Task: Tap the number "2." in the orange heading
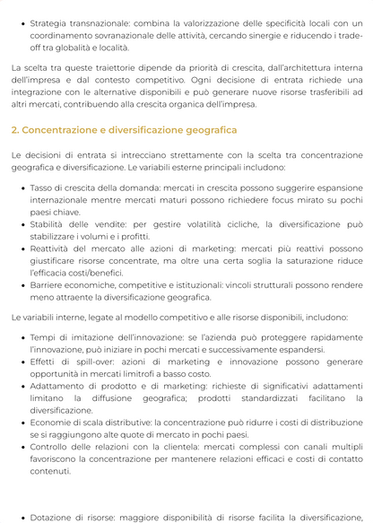point(16,130)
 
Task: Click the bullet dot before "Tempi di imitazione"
point(22,336)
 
